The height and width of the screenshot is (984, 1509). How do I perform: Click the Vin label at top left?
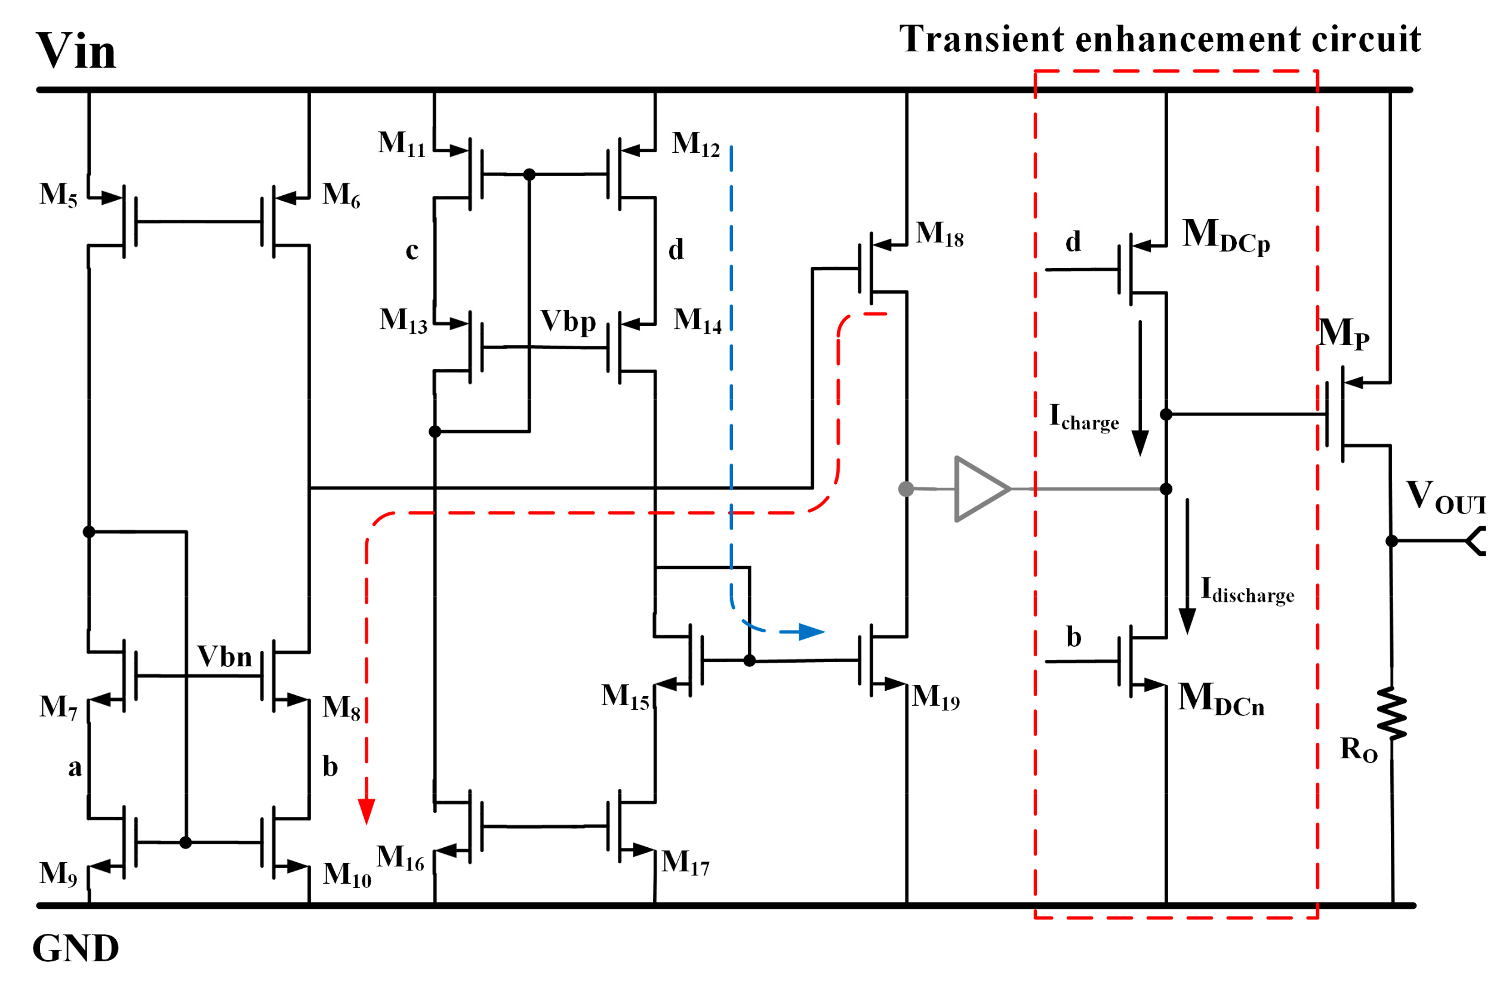[76, 51]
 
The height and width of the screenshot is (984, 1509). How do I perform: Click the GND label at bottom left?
[75, 948]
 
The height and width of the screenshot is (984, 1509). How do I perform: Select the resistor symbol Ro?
[1391, 714]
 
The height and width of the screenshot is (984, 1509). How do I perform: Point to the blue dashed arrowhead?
[811, 632]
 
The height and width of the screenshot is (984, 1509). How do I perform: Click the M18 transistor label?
[939, 234]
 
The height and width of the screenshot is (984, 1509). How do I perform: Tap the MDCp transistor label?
[1225, 235]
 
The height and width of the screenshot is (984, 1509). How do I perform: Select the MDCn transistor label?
[1221, 699]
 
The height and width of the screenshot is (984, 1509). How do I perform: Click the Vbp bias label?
[568, 321]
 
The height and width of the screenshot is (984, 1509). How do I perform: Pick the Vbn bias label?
[224, 657]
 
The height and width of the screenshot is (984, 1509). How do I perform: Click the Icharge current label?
[1083, 418]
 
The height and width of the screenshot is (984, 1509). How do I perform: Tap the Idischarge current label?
[1246, 591]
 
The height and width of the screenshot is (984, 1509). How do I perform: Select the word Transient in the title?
[980, 39]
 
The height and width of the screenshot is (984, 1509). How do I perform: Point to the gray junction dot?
[906, 489]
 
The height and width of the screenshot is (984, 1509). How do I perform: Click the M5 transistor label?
[58, 195]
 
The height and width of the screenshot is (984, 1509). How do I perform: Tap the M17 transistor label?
[685, 863]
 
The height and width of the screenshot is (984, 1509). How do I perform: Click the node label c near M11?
[412, 250]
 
